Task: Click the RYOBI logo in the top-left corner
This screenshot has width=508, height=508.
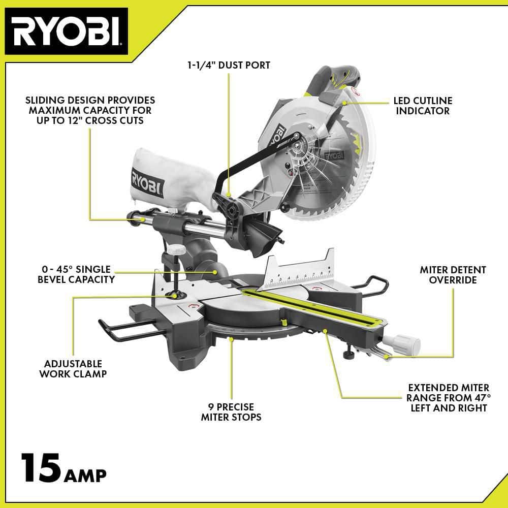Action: [x=66, y=31]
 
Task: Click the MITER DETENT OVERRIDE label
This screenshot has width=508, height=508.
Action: [x=453, y=275]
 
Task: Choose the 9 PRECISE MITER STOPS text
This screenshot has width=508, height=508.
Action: [x=231, y=412]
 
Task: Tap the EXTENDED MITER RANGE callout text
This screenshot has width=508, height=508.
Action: [x=448, y=398]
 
